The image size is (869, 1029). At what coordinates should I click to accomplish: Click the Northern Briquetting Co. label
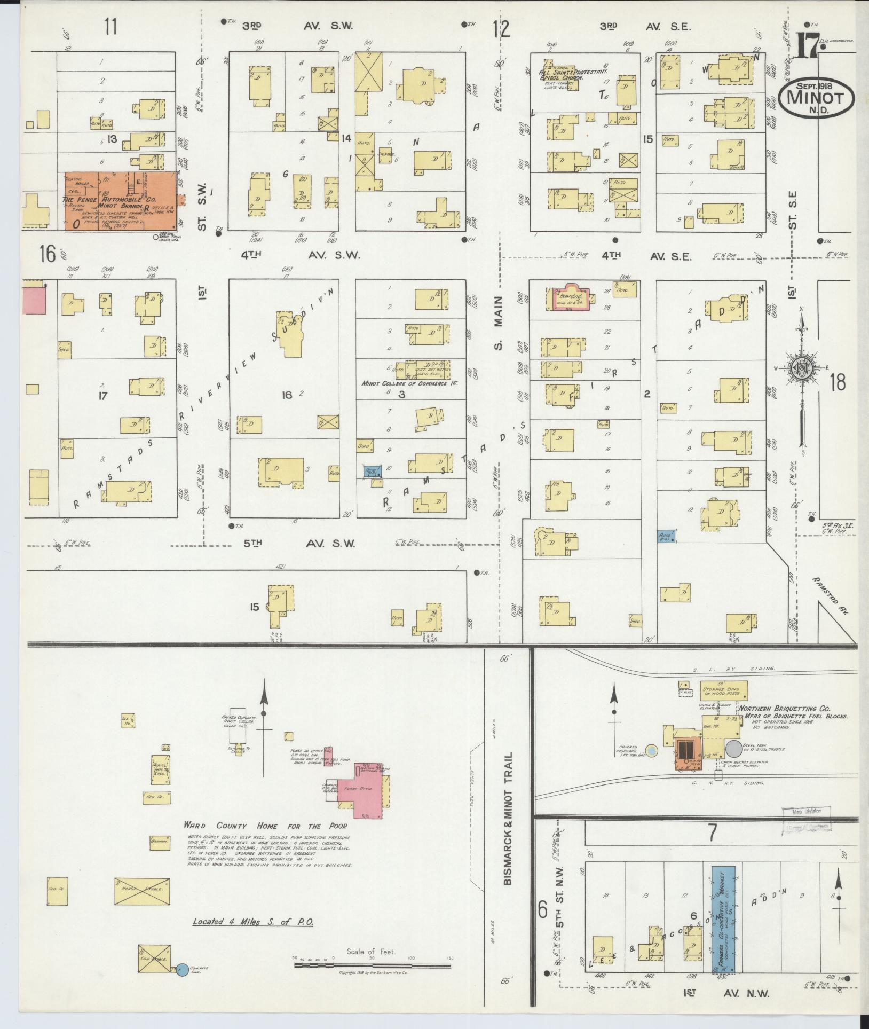point(779,709)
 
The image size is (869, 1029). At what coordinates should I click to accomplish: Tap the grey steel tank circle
point(733,748)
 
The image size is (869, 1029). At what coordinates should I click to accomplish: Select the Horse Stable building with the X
point(142,891)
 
